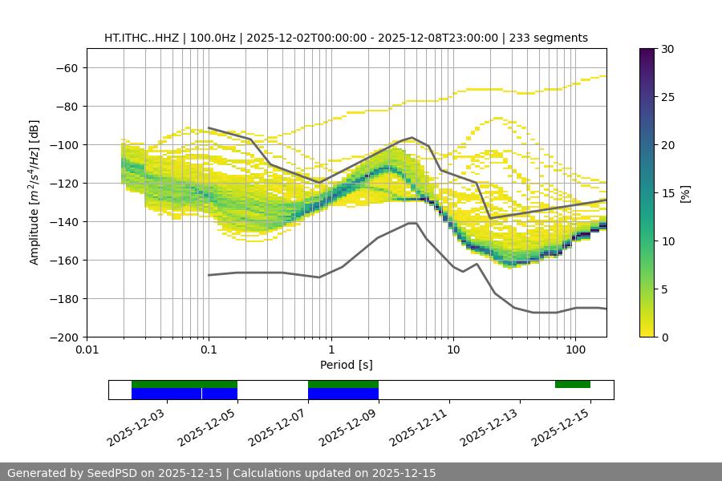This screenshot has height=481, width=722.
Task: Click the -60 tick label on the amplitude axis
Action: tap(67, 67)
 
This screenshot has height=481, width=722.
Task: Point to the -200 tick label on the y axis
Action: tap(64, 337)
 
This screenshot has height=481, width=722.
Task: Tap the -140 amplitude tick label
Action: tap(64, 221)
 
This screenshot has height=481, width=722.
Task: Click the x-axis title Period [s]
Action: tap(346, 365)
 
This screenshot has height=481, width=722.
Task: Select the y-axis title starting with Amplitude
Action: tap(34, 192)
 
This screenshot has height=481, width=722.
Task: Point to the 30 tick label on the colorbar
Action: tap(667, 49)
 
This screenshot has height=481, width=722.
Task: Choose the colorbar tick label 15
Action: tap(667, 193)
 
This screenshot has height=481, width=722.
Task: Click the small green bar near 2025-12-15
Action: tap(573, 384)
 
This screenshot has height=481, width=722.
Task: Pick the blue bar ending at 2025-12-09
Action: tap(343, 394)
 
